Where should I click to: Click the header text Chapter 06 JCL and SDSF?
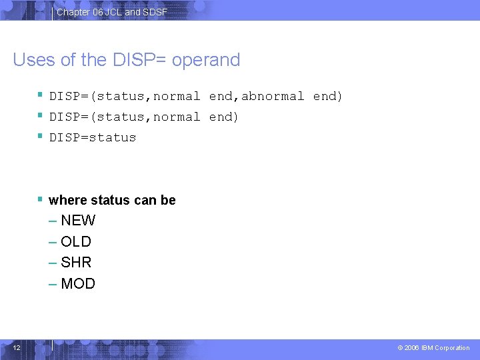pyautogui.click(x=112, y=12)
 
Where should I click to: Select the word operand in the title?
pyautogui.click(x=206, y=60)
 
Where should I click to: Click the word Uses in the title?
pyautogui.click(x=34, y=60)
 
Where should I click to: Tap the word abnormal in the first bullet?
pyautogui.click(x=273, y=96)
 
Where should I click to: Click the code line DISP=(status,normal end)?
pyautogui.click(x=144, y=117)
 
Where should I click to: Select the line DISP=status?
pyautogui.click(x=93, y=137)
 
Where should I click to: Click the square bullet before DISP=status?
pyautogui.click(x=41, y=137)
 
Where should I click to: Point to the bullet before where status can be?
pyautogui.click(x=41, y=199)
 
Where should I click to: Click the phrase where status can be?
pyautogui.click(x=112, y=200)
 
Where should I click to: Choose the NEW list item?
pyautogui.click(x=78, y=221)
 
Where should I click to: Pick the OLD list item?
pyautogui.click(x=76, y=241)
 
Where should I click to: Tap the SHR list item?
pyautogui.click(x=76, y=263)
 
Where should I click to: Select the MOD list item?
pyautogui.click(x=78, y=284)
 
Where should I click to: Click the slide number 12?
pyautogui.click(x=17, y=347)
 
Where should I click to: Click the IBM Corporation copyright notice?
pyautogui.click(x=433, y=348)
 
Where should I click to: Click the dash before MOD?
pyautogui.click(x=53, y=284)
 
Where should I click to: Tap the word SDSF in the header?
pyautogui.click(x=155, y=12)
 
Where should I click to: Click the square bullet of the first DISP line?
pyautogui.click(x=41, y=95)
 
